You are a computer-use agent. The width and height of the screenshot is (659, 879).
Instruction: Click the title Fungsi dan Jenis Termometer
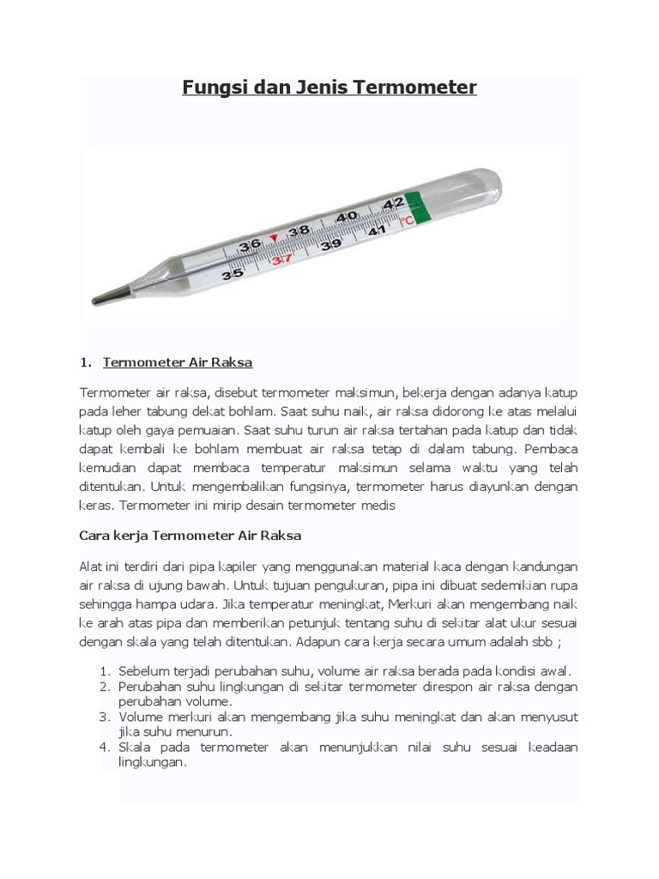pyautogui.click(x=329, y=88)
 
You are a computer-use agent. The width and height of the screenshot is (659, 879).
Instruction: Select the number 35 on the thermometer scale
pyautogui.click(x=232, y=275)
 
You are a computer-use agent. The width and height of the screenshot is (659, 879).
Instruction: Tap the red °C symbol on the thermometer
pyautogui.click(x=407, y=221)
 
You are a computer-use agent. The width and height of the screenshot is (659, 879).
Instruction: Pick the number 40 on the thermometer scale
pyautogui.click(x=347, y=217)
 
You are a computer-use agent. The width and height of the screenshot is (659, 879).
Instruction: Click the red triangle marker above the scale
pyautogui.click(x=274, y=238)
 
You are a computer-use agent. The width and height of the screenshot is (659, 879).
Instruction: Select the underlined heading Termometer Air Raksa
pyautogui.click(x=178, y=362)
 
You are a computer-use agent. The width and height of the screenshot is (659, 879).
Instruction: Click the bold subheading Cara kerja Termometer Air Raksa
pyautogui.click(x=190, y=536)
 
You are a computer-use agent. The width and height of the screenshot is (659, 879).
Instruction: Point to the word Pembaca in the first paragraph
pyautogui.click(x=553, y=449)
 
